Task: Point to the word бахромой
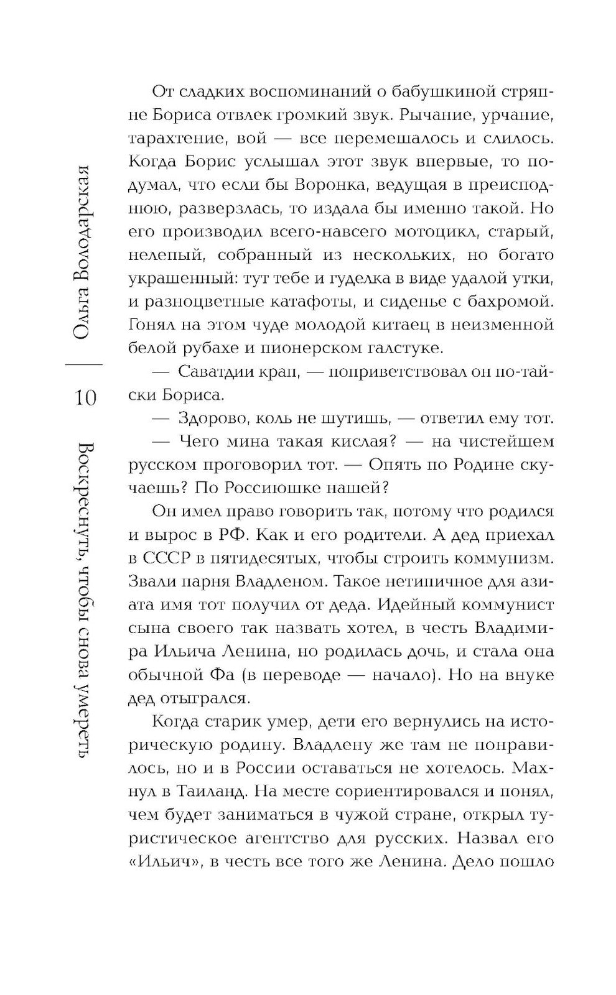tap(508, 302)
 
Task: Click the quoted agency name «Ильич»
tap(156, 862)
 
